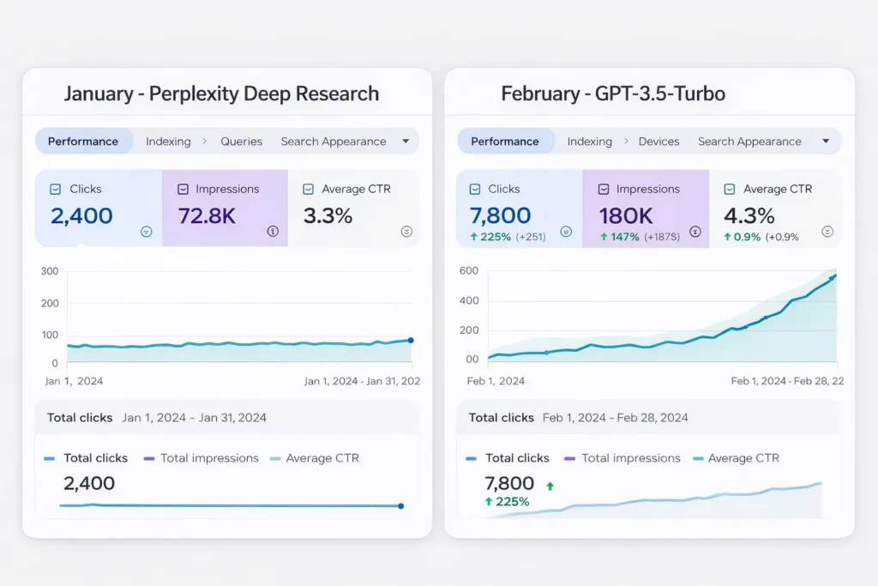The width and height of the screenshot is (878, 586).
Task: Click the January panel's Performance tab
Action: [x=83, y=142]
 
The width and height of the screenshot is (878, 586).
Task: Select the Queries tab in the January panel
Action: [x=241, y=142]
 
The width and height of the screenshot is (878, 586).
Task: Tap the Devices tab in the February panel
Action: [x=658, y=142]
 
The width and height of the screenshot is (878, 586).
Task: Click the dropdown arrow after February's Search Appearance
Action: [x=826, y=142]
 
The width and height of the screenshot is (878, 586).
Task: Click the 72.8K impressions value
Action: [x=207, y=215]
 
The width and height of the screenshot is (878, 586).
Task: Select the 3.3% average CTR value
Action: [x=328, y=215]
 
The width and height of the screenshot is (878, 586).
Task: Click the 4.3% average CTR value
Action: [x=749, y=215]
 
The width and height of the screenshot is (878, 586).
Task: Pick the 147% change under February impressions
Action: [x=624, y=237]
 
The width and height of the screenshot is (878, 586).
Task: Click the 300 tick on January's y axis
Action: [x=50, y=271]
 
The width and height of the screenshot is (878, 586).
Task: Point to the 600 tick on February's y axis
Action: [x=468, y=271]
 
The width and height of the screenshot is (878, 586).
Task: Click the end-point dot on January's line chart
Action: [x=411, y=341]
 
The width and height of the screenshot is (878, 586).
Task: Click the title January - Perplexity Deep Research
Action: [x=221, y=94]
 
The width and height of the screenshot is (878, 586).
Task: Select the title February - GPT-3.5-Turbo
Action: [x=613, y=94]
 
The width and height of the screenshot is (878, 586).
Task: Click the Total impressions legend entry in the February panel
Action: [x=630, y=458]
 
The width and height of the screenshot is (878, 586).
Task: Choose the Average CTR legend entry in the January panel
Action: [x=322, y=458]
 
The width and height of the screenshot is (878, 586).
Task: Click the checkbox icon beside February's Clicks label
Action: [x=475, y=189]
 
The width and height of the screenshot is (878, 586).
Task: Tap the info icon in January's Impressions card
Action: [x=273, y=231]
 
